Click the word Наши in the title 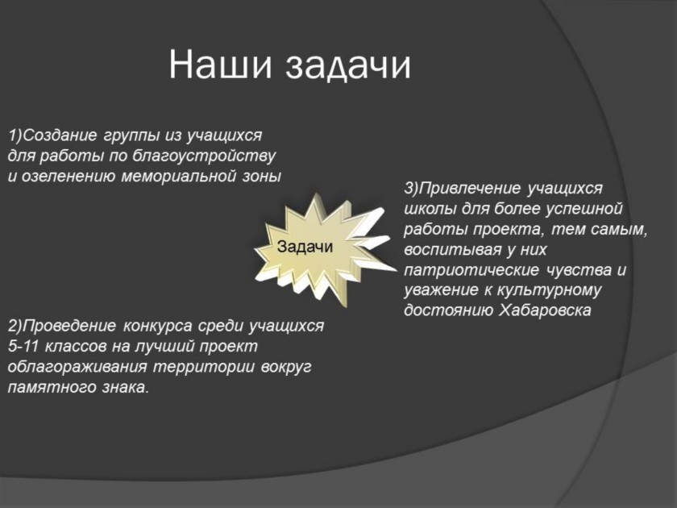(x=221, y=64)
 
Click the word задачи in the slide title (x=348, y=66)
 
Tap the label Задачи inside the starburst (x=305, y=247)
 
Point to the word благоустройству (x=204, y=156)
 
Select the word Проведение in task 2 (x=69, y=326)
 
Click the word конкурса (x=157, y=326)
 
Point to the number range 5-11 (x=23, y=346)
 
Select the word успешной (x=584, y=209)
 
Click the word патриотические (x=471, y=271)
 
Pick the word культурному (x=548, y=291)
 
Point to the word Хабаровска (x=545, y=310)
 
